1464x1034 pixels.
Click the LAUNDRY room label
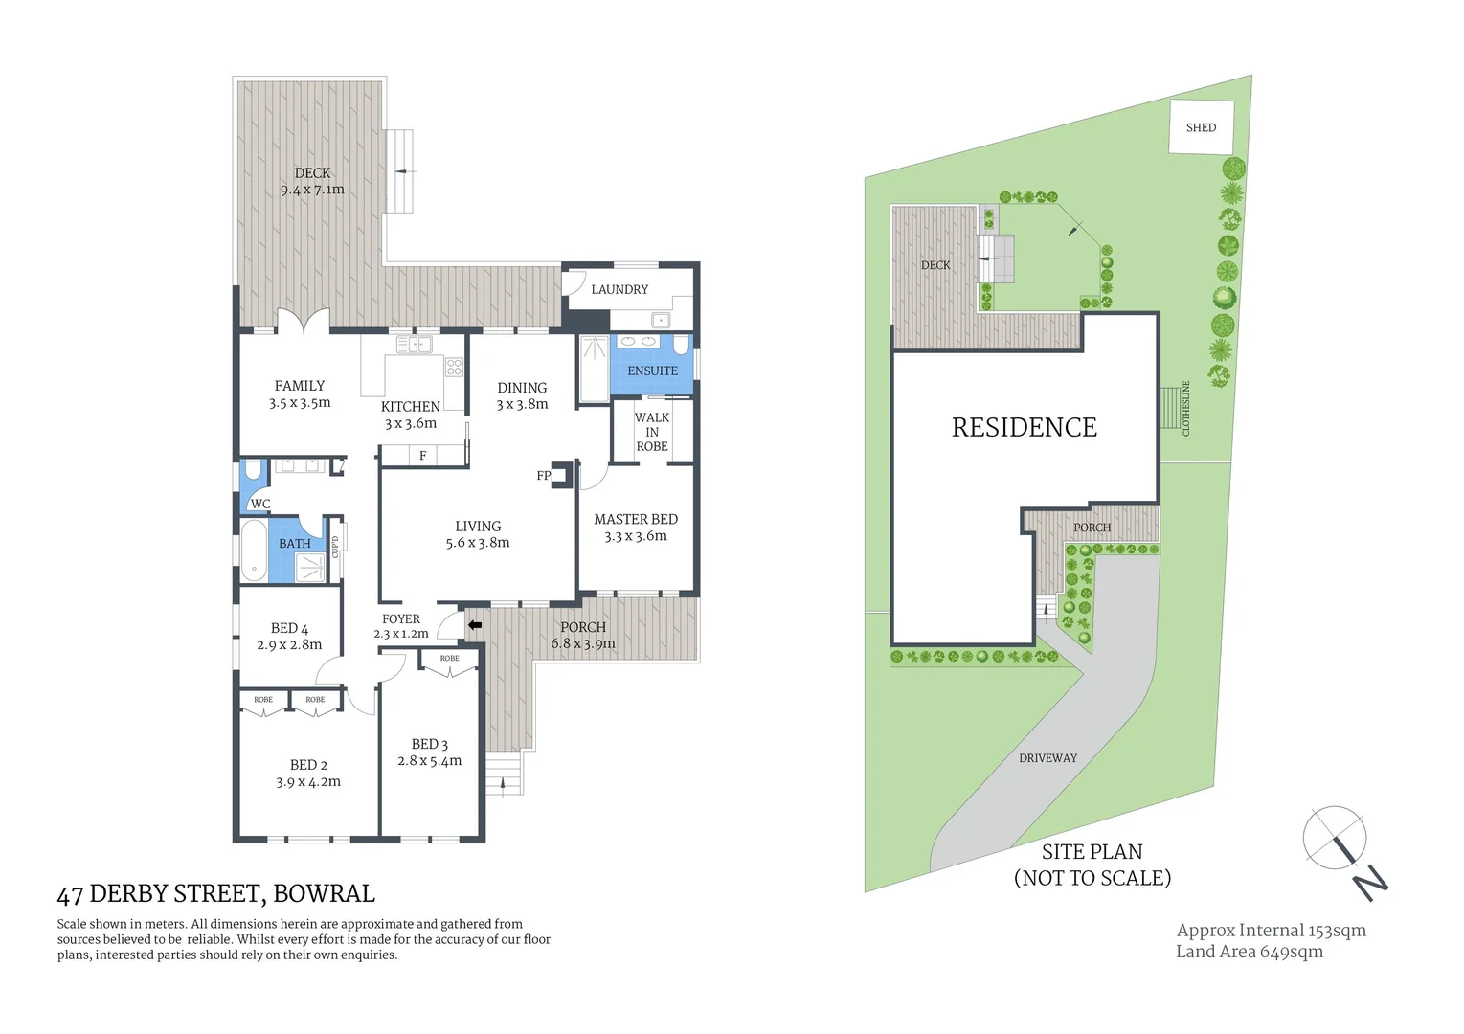point(619,289)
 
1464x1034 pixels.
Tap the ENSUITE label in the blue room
point(652,371)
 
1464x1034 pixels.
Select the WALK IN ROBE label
point(652,432)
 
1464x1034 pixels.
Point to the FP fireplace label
point(543,476)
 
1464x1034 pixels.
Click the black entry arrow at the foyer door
point(474,625)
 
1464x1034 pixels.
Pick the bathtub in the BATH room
point(254,551)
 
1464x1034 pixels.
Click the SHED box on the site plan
point(1200,126)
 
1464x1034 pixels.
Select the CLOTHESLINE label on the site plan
point(1185,409)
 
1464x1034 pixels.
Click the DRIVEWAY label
point(1047,758)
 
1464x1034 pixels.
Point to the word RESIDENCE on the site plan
point(1024,428)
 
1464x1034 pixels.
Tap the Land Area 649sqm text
point(1249,952)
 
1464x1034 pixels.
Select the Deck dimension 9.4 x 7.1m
point(312,190)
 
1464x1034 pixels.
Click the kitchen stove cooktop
point(454,367)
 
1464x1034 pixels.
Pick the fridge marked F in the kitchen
point(422,456)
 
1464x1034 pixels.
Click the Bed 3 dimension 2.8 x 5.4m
point(429,761)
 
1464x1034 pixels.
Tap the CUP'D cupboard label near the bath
point(335,547)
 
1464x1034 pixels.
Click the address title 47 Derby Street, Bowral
point(215,894)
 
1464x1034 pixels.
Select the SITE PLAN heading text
point(1092,852)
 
